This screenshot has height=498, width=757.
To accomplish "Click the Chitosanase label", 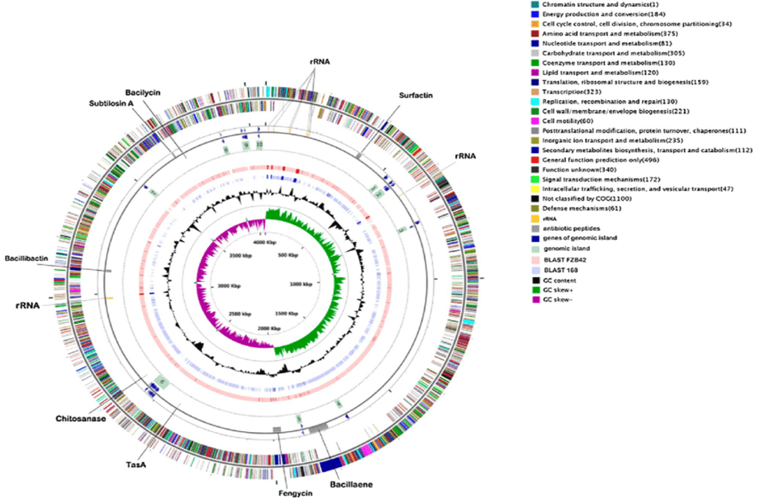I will pos(81,419).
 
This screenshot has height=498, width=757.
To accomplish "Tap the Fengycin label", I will pos(285,491).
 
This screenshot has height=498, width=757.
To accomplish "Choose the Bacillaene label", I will pos(350,483).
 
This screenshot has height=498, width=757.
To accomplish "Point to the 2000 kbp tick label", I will pos(266,328).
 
